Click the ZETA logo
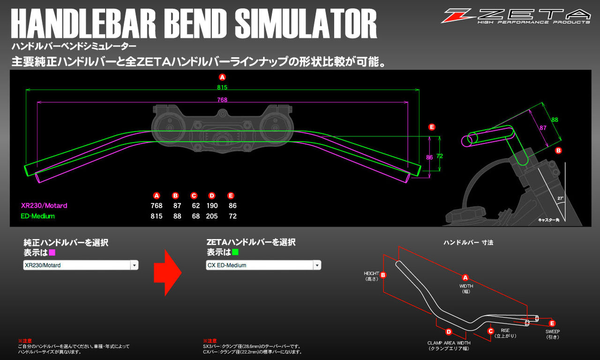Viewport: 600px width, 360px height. point(516,16)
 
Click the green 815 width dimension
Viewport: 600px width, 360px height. point(223,87)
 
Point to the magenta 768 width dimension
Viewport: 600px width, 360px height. point(223,99)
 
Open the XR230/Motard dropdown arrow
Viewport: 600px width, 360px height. point(135,265)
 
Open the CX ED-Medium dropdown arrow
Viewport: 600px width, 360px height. point(317,265)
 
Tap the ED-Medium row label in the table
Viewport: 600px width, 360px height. point(38,216)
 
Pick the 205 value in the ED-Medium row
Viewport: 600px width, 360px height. point(212,216)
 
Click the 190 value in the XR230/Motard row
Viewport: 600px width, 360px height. point(212,206)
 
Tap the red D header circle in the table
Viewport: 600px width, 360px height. point(212,195)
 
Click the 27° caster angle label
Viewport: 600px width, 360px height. point(561,198)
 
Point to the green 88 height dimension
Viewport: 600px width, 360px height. point(555,120)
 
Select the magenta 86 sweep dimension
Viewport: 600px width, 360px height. point(429,158)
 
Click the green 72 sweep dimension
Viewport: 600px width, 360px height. point(439,156)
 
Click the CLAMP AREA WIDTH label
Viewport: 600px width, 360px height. point(449,343)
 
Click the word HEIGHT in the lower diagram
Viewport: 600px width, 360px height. point(371,273)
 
